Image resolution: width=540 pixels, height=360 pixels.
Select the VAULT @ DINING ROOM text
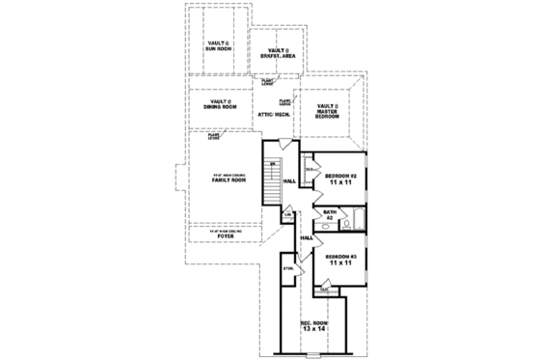pyautogui.click(x=220, y=105)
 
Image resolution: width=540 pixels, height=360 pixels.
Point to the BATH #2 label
pyautogui.click(x=329, y=215)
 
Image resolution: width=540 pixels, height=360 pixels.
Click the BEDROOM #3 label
pyautogui.click(x=340, y=258)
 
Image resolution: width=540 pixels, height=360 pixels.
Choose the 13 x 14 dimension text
pyautogui.click(x=314, y=330)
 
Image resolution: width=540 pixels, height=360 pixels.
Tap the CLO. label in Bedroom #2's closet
pyautogui.click(x=310, y=171)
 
